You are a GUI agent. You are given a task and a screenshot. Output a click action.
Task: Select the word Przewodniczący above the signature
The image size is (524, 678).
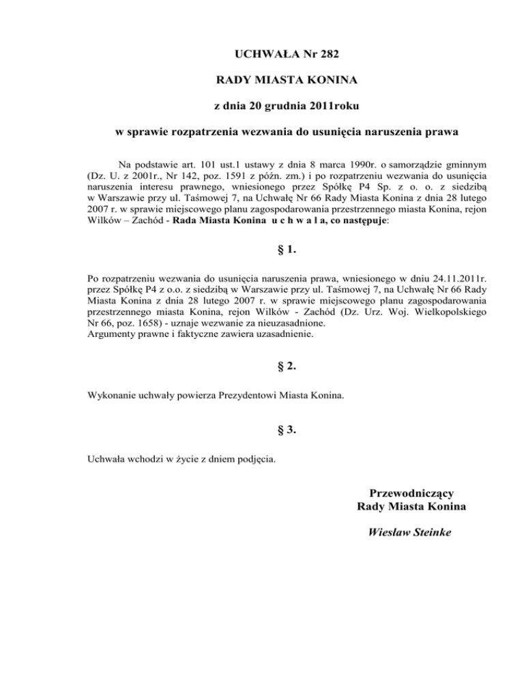(412, 492)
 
